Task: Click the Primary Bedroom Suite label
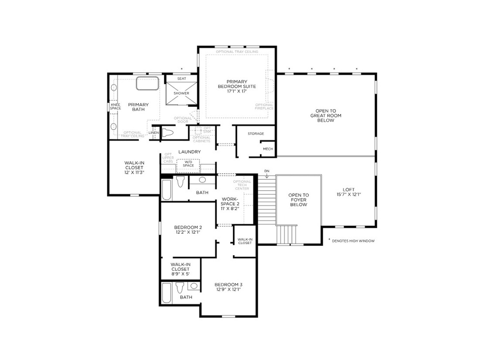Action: point(237,86)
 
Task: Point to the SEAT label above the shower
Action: point(181,79)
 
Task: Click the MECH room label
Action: point(268,149)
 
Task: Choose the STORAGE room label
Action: point(255,134)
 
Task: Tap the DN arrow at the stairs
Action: point(267,174)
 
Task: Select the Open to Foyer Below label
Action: point(298,200)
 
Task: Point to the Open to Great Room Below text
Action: point(325,116)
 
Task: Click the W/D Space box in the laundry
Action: point(188,165)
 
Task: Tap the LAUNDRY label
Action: point(189,152)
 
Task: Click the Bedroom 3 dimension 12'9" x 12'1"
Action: point(228,290)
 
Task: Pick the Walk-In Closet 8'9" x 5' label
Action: point(181,269)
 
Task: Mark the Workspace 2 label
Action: point(230,204)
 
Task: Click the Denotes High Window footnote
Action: point(351,241)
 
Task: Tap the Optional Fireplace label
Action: point(264,106)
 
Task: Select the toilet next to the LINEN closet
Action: point(168,132)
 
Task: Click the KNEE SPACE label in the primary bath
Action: point(115,106)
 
